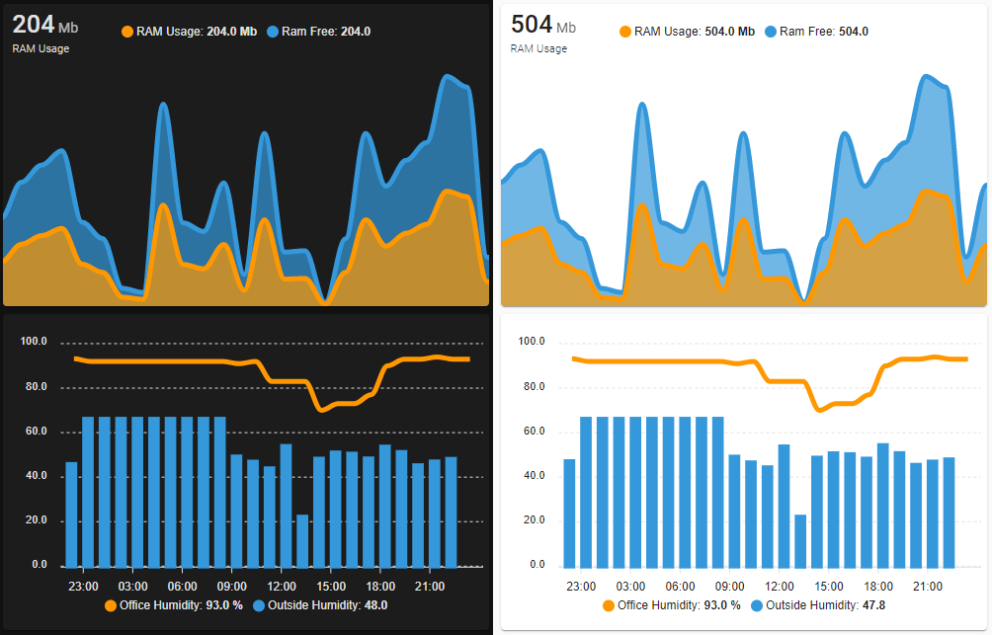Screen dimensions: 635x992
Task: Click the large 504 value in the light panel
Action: [531, 24]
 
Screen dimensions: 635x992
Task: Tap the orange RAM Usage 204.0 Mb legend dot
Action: [127, 32]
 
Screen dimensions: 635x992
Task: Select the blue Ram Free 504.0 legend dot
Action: [770, 32]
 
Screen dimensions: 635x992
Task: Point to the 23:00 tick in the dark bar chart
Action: [83, 587]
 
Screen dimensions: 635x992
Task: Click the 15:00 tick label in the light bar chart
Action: [828, 587]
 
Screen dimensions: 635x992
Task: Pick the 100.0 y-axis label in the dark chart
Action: [34, 342]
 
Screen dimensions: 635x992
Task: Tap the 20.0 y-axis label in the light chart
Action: [532, 520]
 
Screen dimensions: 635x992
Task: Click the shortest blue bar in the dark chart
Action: [302, 541]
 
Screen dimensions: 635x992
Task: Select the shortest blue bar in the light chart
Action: [800, 541]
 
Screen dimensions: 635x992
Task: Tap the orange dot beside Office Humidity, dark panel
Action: [111, 605]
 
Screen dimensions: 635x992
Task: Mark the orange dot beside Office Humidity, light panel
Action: [609, 605]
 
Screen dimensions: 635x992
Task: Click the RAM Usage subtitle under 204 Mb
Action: [41, 48]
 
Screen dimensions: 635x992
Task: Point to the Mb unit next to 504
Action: [566, 28]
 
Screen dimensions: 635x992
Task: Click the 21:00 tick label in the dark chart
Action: [429, 587]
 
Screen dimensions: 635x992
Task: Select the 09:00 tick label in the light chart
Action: [729, 587]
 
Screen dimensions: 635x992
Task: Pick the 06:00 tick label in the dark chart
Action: [182, 587]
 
